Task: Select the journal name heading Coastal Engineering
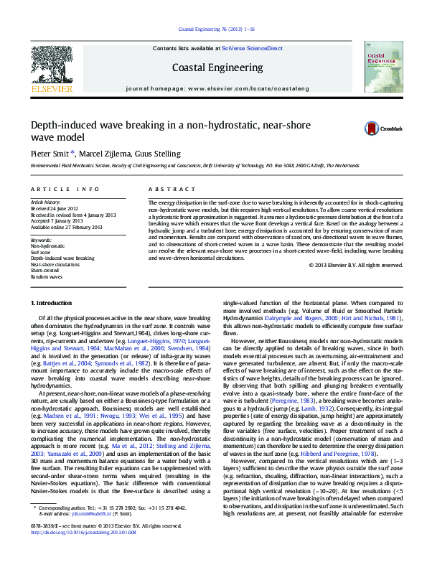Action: click(x=217, y=67)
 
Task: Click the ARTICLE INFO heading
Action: click(x=65, y=189)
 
